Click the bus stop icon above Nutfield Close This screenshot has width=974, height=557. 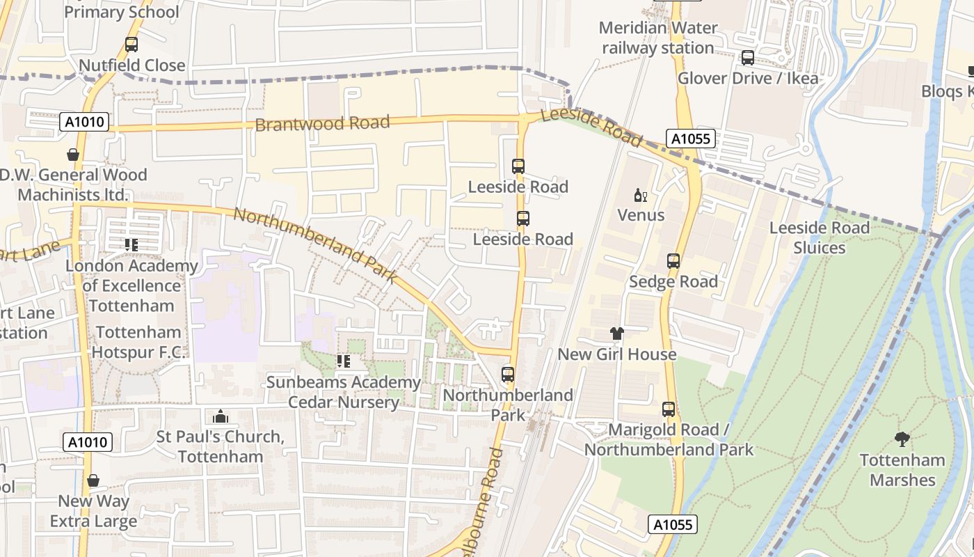(x=131, y=45)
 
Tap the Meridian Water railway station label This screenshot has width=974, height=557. (x=657, y=38)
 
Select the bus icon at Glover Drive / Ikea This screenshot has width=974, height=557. (x=748, y=58)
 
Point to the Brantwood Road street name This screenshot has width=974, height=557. (x=322, y=124)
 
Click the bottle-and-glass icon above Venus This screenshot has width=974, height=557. (x=640, y=195)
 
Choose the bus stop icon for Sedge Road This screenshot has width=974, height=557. (x=673, y=261)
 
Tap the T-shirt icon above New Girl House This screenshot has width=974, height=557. (x=617, y=334)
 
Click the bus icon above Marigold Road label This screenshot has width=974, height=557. (x=669, y=409)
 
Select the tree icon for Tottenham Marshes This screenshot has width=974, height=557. (x=902, y=439)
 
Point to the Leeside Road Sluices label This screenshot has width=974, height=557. (x=819, y=237)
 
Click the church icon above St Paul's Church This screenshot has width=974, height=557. (x=221, y=416)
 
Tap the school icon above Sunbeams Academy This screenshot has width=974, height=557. (x=344, y=361)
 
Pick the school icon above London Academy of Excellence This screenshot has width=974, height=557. (x=131, y=245)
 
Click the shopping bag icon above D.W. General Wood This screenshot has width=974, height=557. (x=73, y=155)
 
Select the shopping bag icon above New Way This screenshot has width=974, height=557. (x=93, y=480)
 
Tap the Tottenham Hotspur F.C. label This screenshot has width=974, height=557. (x=138, y=342)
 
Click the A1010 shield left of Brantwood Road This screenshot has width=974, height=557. (x=84, y=122)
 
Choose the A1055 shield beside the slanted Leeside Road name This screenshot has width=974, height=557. (x=691, y=139)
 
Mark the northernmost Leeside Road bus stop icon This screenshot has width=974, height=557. (x=518, y=166)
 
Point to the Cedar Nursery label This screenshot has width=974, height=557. (x=344, y=402)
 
